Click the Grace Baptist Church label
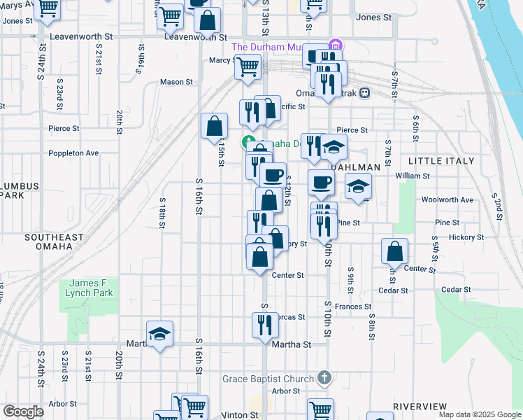pos(268,379)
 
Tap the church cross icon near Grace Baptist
pos(323,379)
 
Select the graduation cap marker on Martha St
pos(159,334)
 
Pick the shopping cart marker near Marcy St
pos(247,67)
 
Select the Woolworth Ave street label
pos(447,199)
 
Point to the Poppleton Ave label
pos(73,153)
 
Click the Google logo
pos(23,412)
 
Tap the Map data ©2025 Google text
pos(479,414)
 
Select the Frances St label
pos(352,307)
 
